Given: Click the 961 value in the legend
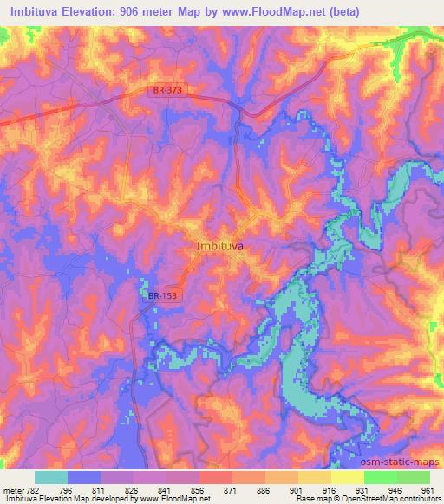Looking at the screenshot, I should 428,490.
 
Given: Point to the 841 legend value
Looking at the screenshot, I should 166,490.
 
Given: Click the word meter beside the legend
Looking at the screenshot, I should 12,490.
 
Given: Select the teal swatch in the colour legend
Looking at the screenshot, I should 51,477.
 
